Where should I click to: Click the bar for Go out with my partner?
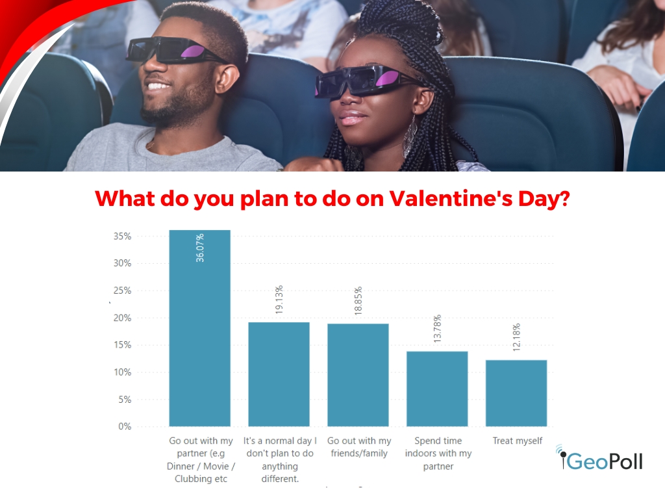(x=200, y=328)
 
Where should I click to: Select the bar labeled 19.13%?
(x=279, y=374)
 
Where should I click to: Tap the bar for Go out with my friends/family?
(x=358, y=375)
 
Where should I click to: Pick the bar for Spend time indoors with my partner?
(x=437, y=389)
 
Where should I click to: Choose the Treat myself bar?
(x=516, y=393)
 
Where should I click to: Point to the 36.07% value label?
(x=200, y=248)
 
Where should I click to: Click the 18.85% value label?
(x=358, y=300)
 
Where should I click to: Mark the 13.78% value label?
(x=437, y=328)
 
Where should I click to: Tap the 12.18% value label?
(x=516, y=337)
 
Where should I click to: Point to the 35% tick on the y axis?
(x=122, y=237)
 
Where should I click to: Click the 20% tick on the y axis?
(x=122, y=318)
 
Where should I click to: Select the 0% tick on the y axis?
(x=125, y=426)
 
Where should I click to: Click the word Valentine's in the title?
(x=451, y=198)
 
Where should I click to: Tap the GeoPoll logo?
(x=599, y=458)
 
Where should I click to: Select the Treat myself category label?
(x=518, y=441)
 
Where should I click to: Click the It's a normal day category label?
(x=280, y=460)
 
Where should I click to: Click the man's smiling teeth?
(x=158, y=86)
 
